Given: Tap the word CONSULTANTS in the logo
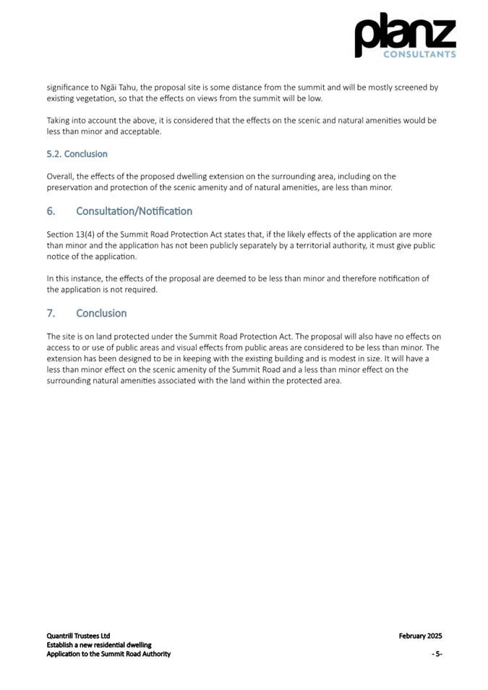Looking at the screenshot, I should pyautogui.click(x=419, y=54).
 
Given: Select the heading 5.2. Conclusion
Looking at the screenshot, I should pyautogui.click(x=77, y=154).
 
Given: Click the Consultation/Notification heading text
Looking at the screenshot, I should pyautogui.click(x=134, y=211).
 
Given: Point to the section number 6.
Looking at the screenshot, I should pyautogui.click(x=51, y=211).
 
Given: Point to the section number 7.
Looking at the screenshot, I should pyautogui.click(x=51, y=313).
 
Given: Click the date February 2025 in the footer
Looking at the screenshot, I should pyautogui.click(x=420, y=636).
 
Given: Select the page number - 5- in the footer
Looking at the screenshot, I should pyautogui.click(x=437, y=654).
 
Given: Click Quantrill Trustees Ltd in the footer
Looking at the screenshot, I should pyautogui.click(x=78, y=636).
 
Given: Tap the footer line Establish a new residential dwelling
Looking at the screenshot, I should pyautogui.click(x=99, y=644).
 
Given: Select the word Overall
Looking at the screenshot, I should pyautogui.click(x=61, y=176).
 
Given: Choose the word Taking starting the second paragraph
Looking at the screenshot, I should pyautogui.click(x=60, y=121).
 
